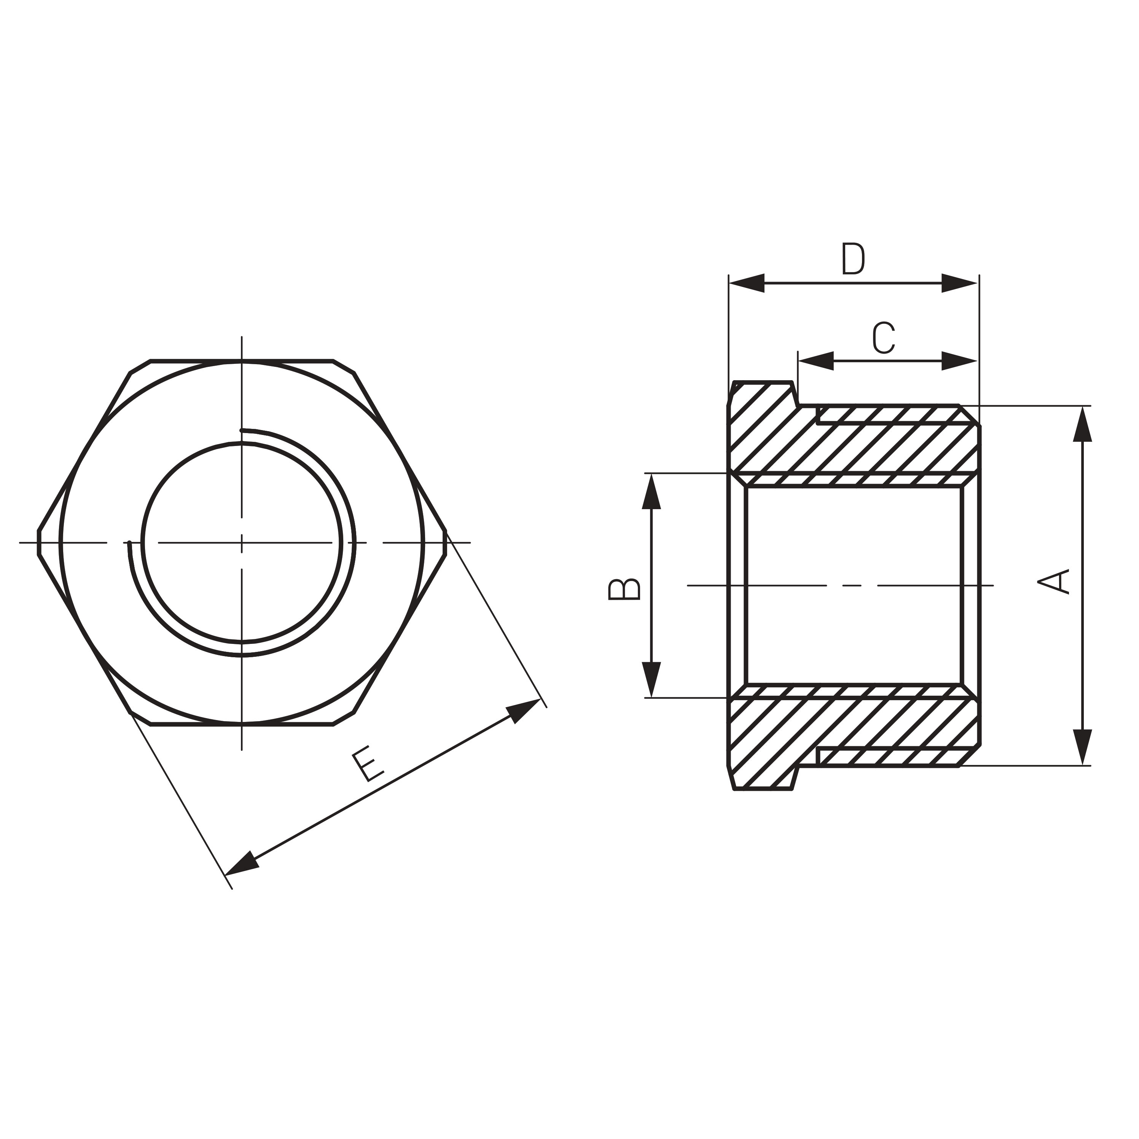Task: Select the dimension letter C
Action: pos(884,338)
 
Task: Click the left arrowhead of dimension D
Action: pos(746,283)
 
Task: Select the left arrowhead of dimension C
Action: pos(816,361)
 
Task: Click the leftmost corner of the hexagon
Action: pos(39,542)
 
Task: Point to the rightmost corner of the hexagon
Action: pos(445,542)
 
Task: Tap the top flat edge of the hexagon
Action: pos(242,360)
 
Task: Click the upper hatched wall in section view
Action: pos(855,448)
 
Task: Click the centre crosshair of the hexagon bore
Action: pos(242,542)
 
